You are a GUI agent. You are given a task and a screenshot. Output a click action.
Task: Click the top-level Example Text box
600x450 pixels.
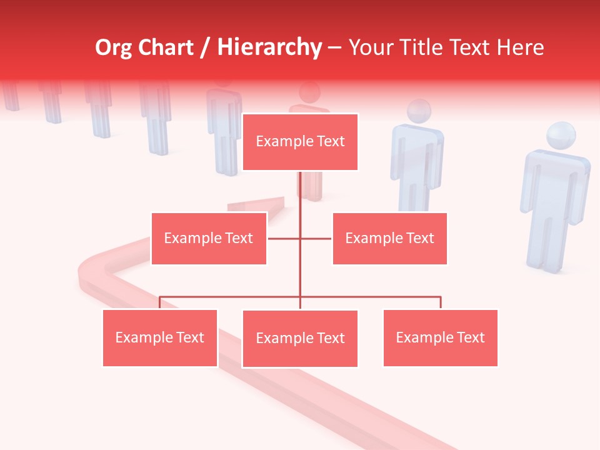click(300, 142)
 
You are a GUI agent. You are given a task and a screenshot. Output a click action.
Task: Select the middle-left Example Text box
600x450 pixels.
click(209, 238)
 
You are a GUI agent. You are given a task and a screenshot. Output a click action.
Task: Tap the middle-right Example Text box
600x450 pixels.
click(389, 238)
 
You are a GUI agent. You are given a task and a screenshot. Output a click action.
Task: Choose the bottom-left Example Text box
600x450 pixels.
click(160, 337)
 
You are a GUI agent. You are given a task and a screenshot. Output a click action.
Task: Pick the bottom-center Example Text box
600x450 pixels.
click(300, 338)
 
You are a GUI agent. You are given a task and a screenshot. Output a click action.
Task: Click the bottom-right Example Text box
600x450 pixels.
click(440, 337)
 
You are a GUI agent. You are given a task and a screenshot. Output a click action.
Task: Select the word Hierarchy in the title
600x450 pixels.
click(269, 47)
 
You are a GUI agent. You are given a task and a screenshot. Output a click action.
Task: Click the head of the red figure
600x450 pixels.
click(309, 93)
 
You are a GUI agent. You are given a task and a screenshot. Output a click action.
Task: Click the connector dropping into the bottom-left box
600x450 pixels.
click(160, 302)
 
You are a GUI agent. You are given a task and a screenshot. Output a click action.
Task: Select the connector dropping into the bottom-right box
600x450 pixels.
click(440, 302)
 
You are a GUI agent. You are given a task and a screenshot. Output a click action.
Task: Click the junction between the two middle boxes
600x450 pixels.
click(300, 238)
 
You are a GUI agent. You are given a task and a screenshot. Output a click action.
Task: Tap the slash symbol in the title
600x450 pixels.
click(204, 48)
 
